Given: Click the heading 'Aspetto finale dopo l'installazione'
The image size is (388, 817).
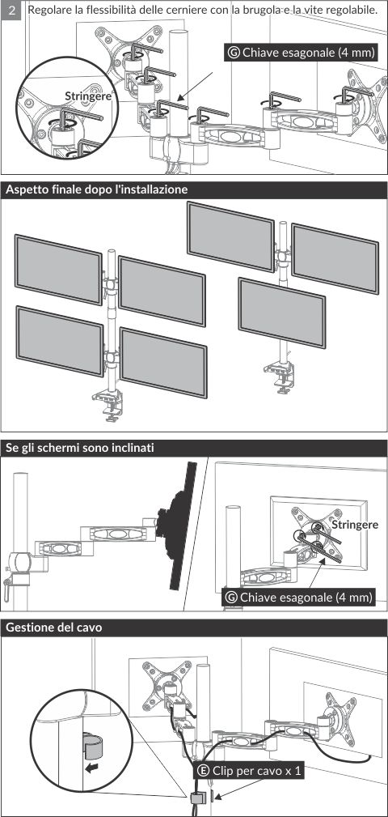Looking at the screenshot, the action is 96,189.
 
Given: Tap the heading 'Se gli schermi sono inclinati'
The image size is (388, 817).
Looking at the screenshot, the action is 79,448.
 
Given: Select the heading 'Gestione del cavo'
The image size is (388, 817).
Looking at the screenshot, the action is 53,628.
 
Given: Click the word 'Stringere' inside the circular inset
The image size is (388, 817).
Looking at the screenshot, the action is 88,96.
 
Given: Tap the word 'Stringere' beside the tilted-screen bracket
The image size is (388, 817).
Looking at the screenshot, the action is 355,524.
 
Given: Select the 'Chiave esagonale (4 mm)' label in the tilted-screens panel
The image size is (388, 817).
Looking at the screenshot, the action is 306,597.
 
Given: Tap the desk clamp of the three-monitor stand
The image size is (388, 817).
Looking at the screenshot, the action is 280,377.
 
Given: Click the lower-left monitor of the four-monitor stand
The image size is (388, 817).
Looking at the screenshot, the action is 60,341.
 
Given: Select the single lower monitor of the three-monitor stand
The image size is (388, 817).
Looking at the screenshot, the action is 282,313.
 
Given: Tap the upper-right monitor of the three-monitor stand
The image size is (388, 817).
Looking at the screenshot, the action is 335,258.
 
